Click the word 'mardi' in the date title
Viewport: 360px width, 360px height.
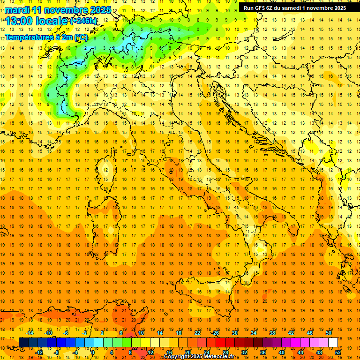(16, 10)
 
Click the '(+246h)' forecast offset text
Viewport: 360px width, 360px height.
(83, 21)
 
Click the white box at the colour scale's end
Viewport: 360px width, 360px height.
(333, 342)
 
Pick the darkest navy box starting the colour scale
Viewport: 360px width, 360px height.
(23, 342)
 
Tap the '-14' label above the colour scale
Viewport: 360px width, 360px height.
(30, 333)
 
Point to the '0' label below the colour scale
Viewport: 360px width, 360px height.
(93, 352)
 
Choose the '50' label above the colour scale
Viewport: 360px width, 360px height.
(328, 333)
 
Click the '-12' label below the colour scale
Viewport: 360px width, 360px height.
(39, 352)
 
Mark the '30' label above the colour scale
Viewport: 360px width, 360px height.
(234, 333)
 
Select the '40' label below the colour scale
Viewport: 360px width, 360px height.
(281, 352)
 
